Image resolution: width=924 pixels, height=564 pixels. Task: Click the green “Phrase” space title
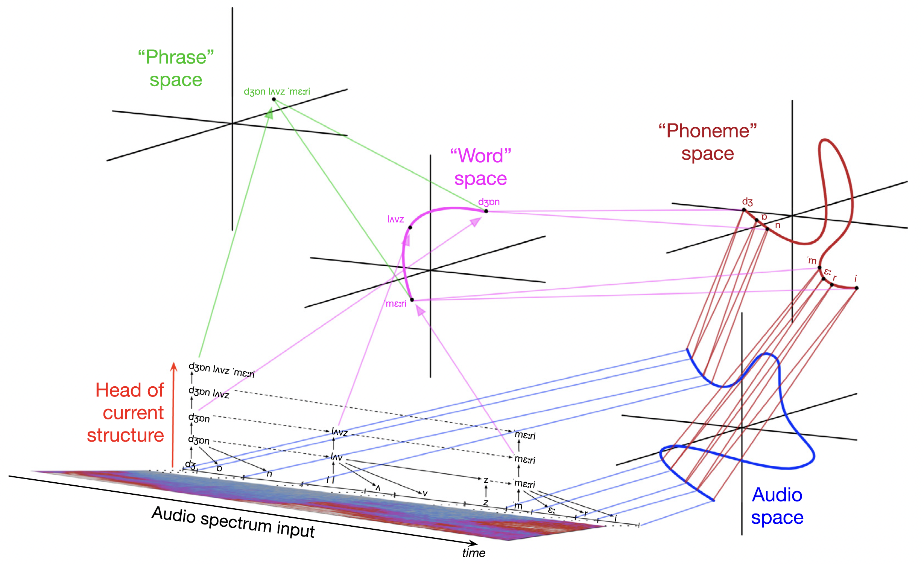(176, 68)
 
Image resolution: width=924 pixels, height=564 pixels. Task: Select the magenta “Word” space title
(480, 167)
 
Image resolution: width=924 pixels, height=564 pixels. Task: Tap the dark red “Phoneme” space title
(707, 142)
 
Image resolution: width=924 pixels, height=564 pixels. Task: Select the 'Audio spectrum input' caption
(233, 522)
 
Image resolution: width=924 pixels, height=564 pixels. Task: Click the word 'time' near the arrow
(474, 553)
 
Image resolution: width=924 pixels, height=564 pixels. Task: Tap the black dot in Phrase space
(274, 99)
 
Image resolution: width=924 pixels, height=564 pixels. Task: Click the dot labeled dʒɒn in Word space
(486, 211)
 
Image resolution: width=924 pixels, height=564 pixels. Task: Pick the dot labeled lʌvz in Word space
(410, 227)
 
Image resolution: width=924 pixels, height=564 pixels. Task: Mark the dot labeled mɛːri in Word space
(412, 300)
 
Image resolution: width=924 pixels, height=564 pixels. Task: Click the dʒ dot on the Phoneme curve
(744, 210)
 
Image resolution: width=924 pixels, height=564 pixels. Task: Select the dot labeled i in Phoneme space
(857, 288)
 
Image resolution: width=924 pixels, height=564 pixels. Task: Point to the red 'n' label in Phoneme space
(778, 225)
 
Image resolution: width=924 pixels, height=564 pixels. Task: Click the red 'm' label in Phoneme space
(812, 261)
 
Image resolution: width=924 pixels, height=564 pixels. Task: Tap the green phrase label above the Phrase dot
(277, 91)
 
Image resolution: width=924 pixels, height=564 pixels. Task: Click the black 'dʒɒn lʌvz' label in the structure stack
(209, 392)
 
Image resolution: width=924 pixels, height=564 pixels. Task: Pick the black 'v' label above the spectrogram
(425, 493)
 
